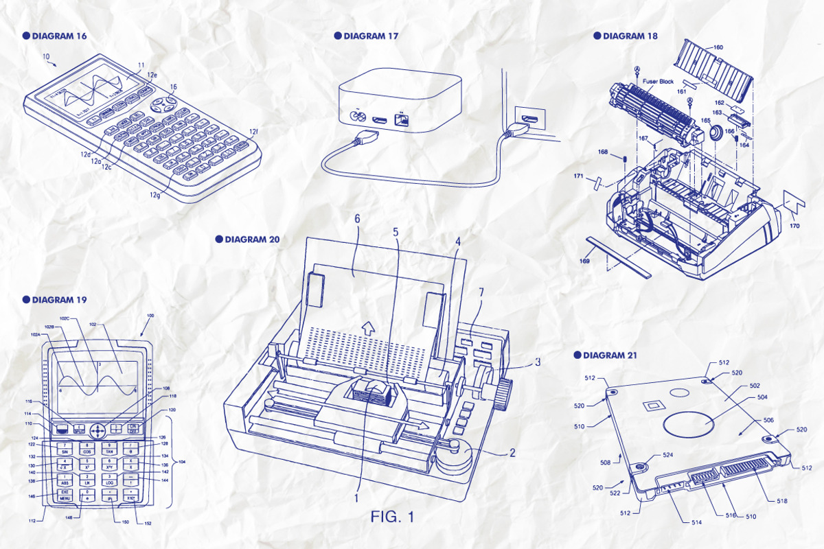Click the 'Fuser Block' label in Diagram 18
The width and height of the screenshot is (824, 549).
(x=658, y=82)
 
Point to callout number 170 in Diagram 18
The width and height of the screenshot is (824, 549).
(x=794, y=225)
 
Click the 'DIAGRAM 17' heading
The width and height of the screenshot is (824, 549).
(x=370, y=36)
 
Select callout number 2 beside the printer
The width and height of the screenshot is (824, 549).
(x=510, y=453)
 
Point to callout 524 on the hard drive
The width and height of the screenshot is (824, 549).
(x=668, y=454)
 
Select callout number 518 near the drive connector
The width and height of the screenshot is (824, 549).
(x=781, y=500)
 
